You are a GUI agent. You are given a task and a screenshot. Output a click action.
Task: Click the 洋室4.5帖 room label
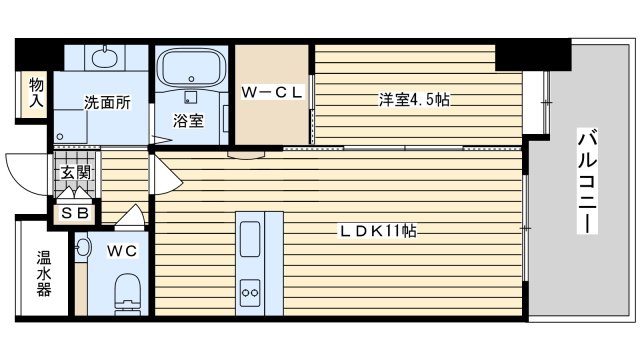[x=414, y=99]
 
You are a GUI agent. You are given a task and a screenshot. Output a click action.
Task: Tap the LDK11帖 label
[x=378, y=231]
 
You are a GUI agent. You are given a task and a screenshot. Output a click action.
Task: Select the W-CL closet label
[x=271, y=92]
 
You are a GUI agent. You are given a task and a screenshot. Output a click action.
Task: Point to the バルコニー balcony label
[x=587, y=182]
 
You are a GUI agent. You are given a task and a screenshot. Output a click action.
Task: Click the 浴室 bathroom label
[x=188, y=121]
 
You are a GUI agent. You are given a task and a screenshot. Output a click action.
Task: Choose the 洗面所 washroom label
[x=108, y=102]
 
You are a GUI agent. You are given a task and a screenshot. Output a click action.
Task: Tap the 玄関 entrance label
[x=76, y=173]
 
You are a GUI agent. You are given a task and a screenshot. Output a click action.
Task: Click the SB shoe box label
[x=75, y=213]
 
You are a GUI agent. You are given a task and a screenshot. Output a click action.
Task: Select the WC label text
[x=122, y=251]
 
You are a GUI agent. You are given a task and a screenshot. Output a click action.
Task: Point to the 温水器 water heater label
[x=44, y=273]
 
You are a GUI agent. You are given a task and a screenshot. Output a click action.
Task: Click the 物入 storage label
[x=36, y=93]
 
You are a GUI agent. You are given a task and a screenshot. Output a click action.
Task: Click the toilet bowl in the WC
[x=128, y=293]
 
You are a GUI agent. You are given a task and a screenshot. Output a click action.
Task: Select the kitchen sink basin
[x=250, y=239]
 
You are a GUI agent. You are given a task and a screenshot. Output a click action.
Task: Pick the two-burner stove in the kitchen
[x=250, y=292]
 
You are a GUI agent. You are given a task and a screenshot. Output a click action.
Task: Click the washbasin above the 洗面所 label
[x=105, y=58]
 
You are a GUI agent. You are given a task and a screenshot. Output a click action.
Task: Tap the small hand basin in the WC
[x=82, y=247]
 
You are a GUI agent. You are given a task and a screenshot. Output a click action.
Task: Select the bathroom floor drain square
[x=190, y=97]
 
